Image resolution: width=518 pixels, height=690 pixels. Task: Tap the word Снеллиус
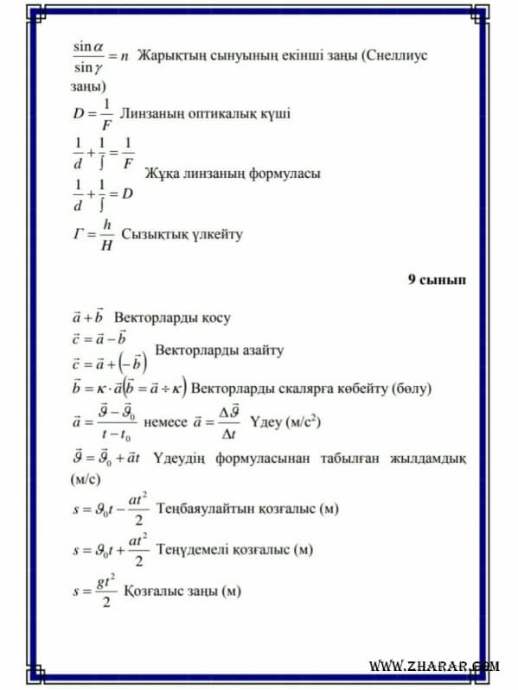coord(397,54)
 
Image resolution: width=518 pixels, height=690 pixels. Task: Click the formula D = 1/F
coord(93,114)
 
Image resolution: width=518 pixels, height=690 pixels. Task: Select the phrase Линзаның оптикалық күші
coord(205,113)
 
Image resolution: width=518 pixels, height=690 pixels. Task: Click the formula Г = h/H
coord(93,234)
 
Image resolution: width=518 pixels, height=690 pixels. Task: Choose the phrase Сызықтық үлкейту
coord(182,233)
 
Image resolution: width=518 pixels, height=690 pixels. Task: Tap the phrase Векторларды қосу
coord(172,318)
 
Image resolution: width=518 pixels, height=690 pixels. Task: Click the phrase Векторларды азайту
coord(218,351)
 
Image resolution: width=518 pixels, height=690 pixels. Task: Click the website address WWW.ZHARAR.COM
coord(434,666)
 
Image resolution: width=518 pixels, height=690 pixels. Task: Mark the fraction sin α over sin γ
coord(88,54)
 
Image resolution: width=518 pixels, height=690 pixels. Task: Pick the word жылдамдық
coord(432,457)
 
